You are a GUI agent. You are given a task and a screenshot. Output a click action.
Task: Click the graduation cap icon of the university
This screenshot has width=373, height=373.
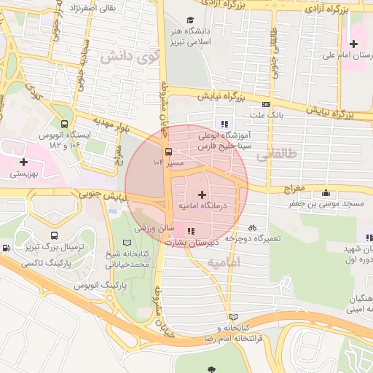tap(190, 20)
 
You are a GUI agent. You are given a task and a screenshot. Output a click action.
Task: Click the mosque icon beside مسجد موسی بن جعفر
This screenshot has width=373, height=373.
tap(325, 193)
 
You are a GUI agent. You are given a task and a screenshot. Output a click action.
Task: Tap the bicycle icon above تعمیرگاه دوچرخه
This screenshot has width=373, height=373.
tap(252, 228)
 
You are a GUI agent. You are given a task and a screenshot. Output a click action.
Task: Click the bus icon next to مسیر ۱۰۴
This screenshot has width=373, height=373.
tap(169, 152)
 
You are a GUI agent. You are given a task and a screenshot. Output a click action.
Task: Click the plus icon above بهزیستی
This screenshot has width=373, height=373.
tap(24, 161)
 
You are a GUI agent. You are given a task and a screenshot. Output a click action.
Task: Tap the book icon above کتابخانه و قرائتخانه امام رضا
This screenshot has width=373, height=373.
tap(233, 317)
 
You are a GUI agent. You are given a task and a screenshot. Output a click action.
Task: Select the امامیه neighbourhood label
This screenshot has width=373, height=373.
tap(223, 261)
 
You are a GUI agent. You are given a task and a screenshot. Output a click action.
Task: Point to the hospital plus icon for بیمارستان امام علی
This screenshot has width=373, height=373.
tap(353, 44)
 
